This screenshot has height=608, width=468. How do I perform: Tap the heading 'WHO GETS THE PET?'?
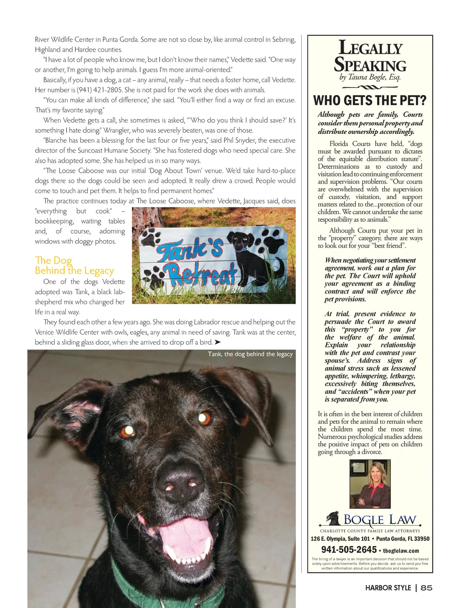pyautogui.click(x=369, y=101)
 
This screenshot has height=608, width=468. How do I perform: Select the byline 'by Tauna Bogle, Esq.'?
pyautogui.click(x=370, y=77)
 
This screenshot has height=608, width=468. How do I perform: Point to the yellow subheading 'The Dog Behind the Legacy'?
pyautogui.click(x=74, y=266)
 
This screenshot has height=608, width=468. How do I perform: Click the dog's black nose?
pyautogui.click(x=178, y=485)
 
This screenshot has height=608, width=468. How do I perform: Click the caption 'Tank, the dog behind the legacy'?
pyautogui.click(x=250, y=354)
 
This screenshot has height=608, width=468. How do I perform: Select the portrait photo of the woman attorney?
pyautogui.click(x=370, y=483)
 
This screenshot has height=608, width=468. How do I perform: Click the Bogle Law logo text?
pyautogui.click(x=379, y=520)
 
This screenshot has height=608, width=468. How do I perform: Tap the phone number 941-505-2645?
pyautogui.click(x=349, y=550)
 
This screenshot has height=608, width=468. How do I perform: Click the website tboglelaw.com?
pyautogui.click(x=401, y=551)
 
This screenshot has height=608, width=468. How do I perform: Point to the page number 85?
pyautogui.click(x=426, y=588)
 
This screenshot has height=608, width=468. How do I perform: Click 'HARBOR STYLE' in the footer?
pyautogui.click(x=388, y=588)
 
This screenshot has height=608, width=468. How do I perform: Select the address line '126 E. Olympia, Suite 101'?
pyautogui.click(x=340, y=539)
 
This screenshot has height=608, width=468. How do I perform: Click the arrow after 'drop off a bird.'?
pyautogui.click(x=218, y=342)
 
